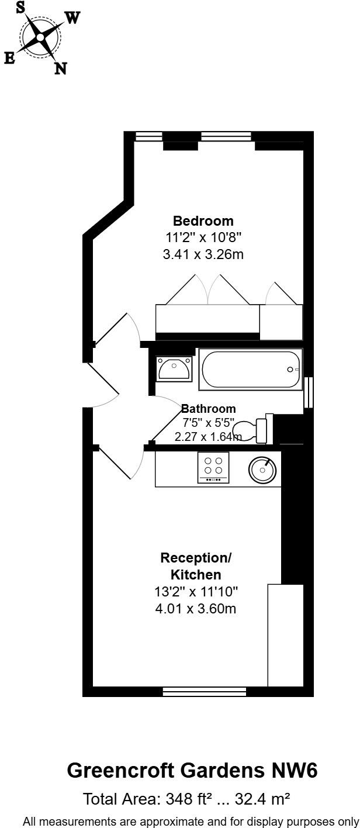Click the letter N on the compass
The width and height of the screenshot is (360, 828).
click(60, 68)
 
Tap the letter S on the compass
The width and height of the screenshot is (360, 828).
click(20, 7)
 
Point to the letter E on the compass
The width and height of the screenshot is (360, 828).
click(9, 57)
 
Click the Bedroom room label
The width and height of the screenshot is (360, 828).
click(203, 221)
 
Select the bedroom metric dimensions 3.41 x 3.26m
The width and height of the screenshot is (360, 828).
click(203, 254)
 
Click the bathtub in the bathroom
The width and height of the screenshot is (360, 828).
click(251, 370)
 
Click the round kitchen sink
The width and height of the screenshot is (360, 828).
click(263, 468)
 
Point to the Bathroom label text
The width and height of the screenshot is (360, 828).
click(209, 409)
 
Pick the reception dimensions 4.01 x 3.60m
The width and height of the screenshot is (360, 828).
click(196, 609)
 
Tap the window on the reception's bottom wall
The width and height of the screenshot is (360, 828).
click(204, 692)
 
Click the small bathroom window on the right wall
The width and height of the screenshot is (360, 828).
click(309, 392)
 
